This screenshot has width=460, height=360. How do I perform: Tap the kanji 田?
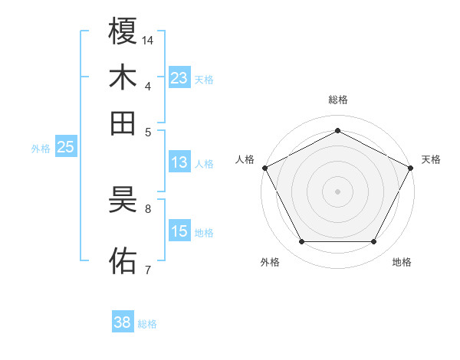(123, 123)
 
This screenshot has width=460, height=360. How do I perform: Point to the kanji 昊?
(123, 200)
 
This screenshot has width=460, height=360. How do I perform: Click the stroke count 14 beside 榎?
(149, 40)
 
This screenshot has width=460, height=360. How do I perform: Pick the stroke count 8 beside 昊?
(148, 208)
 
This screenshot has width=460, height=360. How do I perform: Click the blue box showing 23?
(179, 77)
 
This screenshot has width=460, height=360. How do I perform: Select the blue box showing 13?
(179, 162)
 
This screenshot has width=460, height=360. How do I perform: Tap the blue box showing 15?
(179, 231)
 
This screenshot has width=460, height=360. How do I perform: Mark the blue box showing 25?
(65, 147)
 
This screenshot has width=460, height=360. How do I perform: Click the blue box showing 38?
(122, 322)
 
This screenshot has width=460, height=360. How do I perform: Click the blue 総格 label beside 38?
(147, 324)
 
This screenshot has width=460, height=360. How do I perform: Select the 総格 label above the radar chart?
(338, 100)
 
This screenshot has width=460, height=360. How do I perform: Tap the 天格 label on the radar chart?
(431, 159)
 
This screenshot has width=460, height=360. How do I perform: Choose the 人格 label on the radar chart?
(245, 159)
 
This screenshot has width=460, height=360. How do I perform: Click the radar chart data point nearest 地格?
(374, 242)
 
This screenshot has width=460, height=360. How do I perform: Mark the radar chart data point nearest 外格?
(301, 242)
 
